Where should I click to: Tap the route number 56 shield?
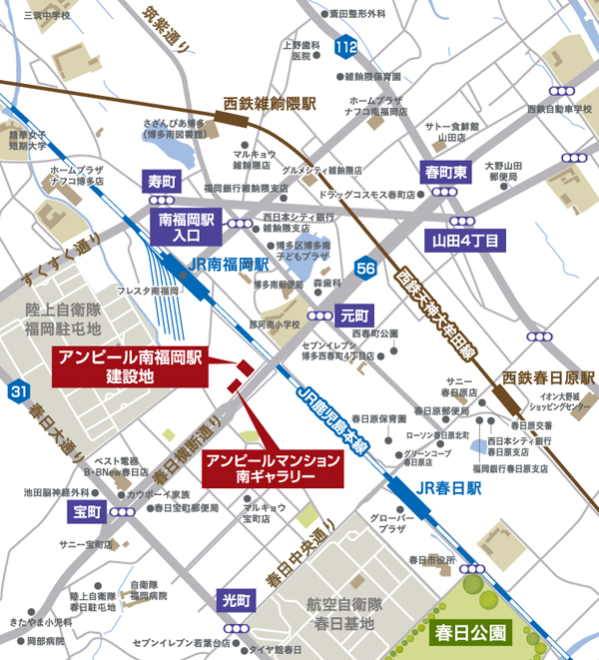click(366, 268)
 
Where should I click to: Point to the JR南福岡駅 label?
click(228, 266)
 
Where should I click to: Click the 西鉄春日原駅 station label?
click(548, 378)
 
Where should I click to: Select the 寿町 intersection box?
click(162, 182)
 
